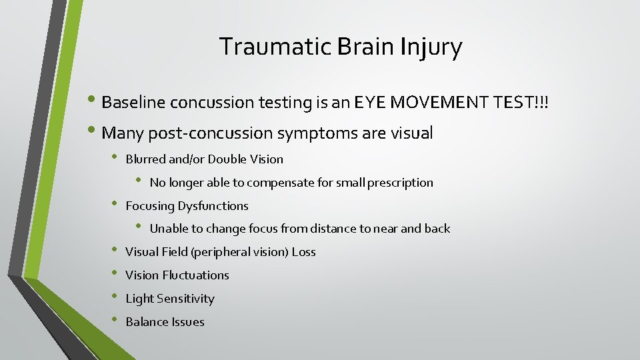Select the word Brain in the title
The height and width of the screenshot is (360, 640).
(x=361, y=47)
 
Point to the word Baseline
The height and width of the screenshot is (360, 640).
(x=134, y=103)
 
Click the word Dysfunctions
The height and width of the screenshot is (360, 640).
(x=213, y=206)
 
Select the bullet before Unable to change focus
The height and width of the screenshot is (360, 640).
(x=139, y=227)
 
